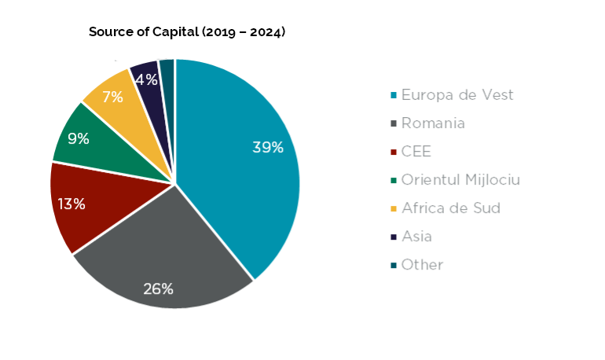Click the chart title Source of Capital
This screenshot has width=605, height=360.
[186, 32]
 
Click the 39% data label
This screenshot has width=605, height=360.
[267, 147]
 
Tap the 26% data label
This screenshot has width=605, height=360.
[158, 288]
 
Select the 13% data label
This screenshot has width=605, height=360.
[71, 204]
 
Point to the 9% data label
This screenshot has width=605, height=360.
[79, 138]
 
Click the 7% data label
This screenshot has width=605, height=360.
[113, 97]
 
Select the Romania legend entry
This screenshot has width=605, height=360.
[433, 123]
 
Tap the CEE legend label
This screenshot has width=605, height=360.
[416, 152]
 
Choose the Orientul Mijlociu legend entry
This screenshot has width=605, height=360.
[460, 180]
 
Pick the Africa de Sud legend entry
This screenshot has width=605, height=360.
[450, 208]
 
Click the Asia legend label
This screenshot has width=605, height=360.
[416, 237]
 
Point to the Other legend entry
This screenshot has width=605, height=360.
[422, 265]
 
